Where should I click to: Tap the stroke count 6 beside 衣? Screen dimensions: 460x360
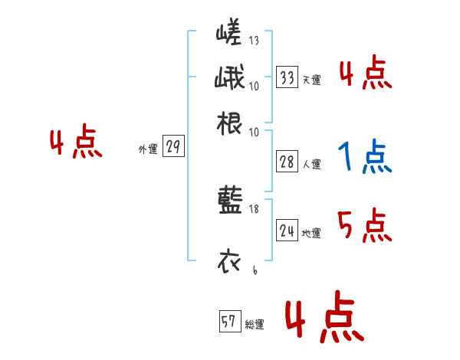pos(254,270)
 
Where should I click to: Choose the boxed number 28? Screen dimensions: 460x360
pos(287,162)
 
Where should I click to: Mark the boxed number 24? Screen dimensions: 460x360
pos(287,231)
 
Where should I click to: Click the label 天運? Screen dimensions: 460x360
pos(311,80)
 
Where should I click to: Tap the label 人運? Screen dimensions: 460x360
pos(311,164)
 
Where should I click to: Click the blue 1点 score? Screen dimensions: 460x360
pos(364,158)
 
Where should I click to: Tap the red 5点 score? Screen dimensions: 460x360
pos(364,226)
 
